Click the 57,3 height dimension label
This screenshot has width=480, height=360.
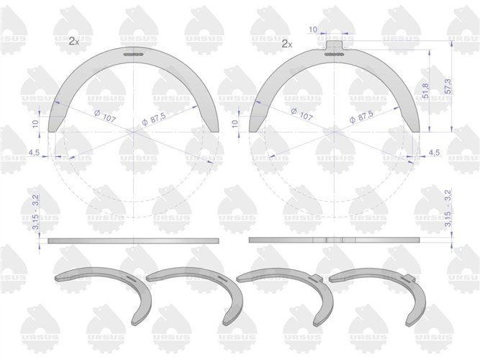click(448, 87)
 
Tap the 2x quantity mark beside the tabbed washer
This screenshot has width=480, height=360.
click(287, 45)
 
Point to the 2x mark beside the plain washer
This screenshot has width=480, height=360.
click(74, 41)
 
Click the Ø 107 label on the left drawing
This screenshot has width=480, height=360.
click(104, 115)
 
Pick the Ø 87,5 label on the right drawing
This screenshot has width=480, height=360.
click(361, 117)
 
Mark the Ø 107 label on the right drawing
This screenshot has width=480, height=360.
click(302, 114)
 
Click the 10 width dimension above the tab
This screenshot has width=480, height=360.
click(313, 30)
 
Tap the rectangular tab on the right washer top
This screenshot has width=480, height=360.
click(335, 45)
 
